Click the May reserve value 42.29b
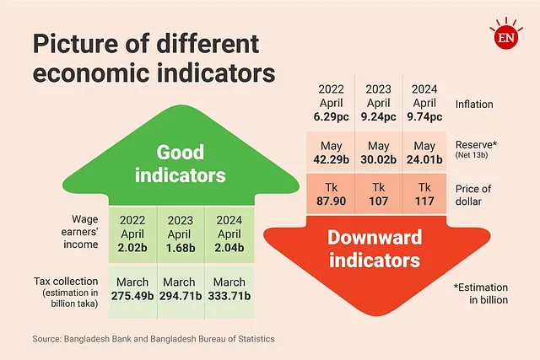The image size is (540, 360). [332, 159]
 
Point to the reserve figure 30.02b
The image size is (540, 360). [379, 159]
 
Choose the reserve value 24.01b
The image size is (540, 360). [426, 159]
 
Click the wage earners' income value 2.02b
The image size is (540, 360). [133, 249]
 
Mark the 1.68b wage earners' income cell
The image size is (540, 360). [180, 249]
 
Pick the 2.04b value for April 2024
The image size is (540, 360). [227, 249]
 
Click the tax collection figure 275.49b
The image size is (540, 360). [132, 297]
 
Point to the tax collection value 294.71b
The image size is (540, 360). [179, 297]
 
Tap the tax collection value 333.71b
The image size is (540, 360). [226, 297]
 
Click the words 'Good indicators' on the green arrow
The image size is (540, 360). [181, 164]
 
